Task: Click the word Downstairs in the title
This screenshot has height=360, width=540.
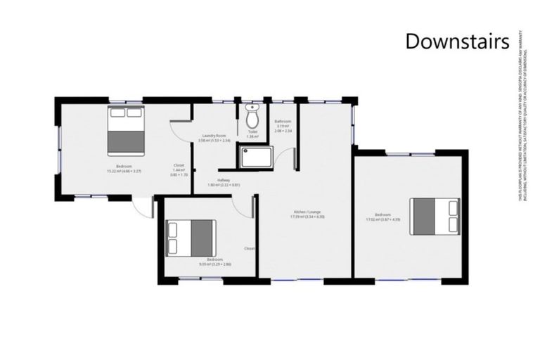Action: point(457,41)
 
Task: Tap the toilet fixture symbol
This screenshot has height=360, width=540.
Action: point(252,117)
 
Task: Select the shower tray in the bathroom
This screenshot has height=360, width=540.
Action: point(257,157)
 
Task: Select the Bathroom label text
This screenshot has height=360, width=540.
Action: point(283,121)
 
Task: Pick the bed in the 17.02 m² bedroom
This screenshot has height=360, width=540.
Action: point(435,215)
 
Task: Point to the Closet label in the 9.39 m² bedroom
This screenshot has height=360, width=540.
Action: point(250,248)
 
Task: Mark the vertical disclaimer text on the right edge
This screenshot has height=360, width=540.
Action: point(524,116)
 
